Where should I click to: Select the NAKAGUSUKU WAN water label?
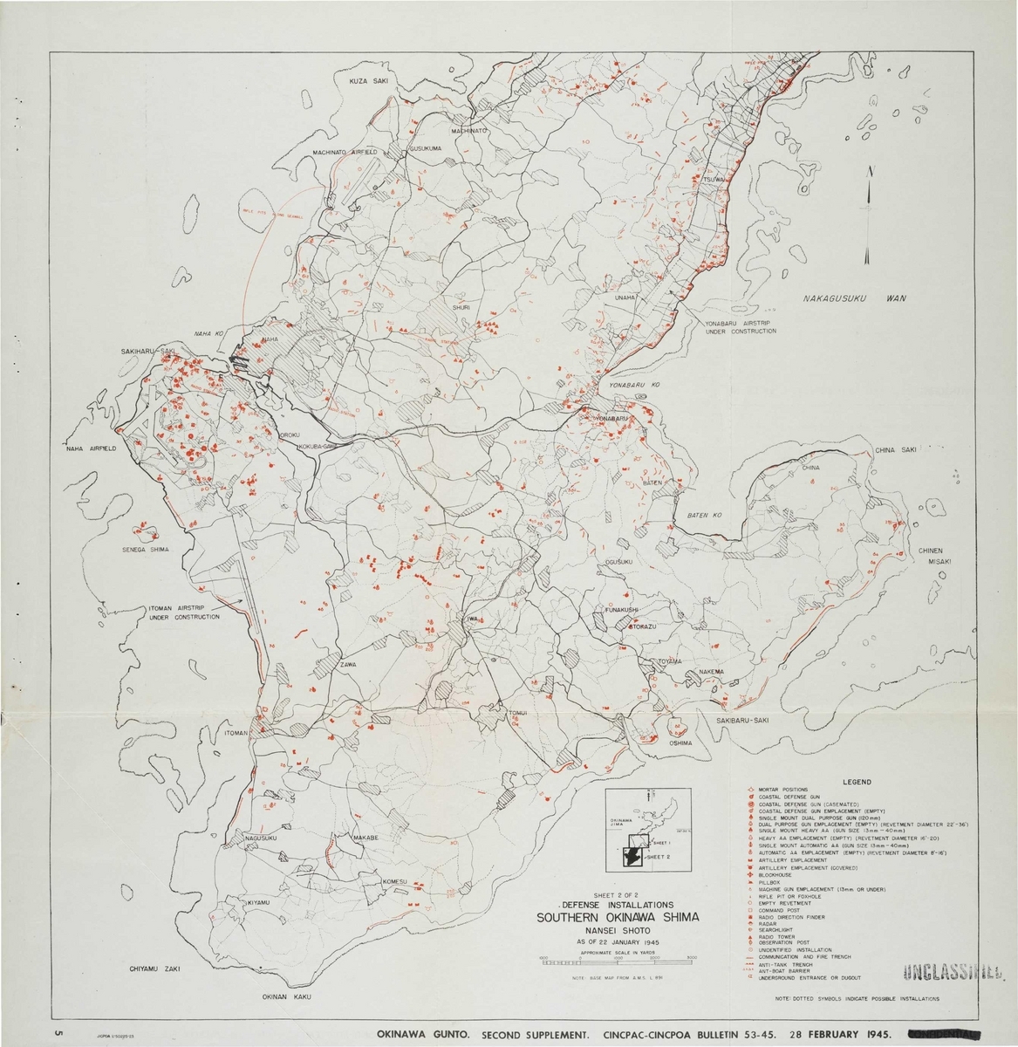[x=854, y=298]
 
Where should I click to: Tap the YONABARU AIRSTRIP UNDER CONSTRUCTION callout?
[x=740, y=327]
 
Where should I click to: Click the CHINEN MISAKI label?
[x=938, y=557]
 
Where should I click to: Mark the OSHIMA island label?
[x=680, y=743]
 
